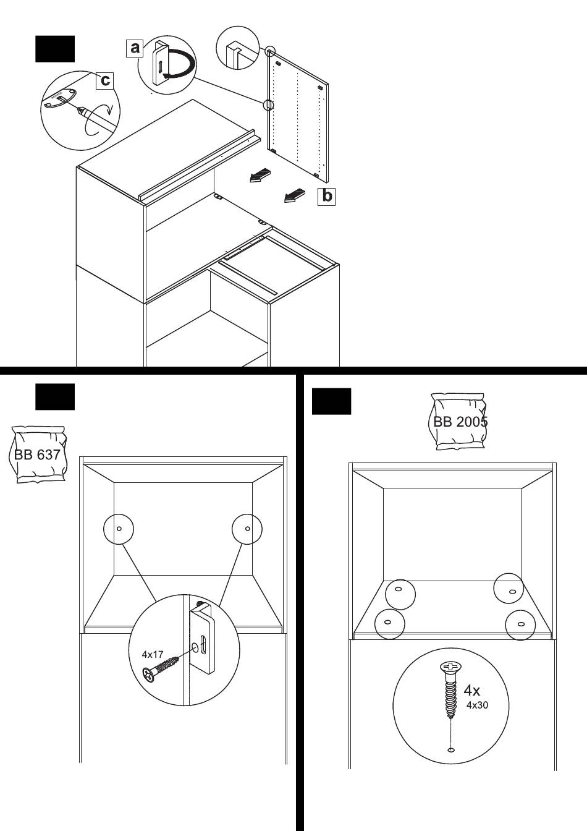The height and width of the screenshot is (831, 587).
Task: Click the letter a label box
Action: point(135,47)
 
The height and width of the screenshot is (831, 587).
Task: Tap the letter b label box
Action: point(326,197)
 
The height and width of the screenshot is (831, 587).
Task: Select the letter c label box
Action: point(105,80)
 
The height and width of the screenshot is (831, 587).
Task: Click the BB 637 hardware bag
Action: point(38,454)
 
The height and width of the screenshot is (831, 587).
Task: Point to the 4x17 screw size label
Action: point(152,654)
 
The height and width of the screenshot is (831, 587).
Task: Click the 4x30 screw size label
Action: point(477,705)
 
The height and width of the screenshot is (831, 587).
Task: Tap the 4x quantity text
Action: point(472,690)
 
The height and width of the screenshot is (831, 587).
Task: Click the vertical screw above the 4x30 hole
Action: point(451,689)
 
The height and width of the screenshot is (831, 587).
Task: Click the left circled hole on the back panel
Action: point(119,528)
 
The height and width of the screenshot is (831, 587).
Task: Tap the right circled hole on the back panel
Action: point(247,528)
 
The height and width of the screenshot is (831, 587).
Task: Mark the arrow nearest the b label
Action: point(295,195)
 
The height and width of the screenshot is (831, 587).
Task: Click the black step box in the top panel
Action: point(55,49)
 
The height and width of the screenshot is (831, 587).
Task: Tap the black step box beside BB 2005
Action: point(331,401)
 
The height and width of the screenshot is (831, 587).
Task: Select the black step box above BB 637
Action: point(55,396)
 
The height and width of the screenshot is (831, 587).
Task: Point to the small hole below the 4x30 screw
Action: point(451,750)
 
